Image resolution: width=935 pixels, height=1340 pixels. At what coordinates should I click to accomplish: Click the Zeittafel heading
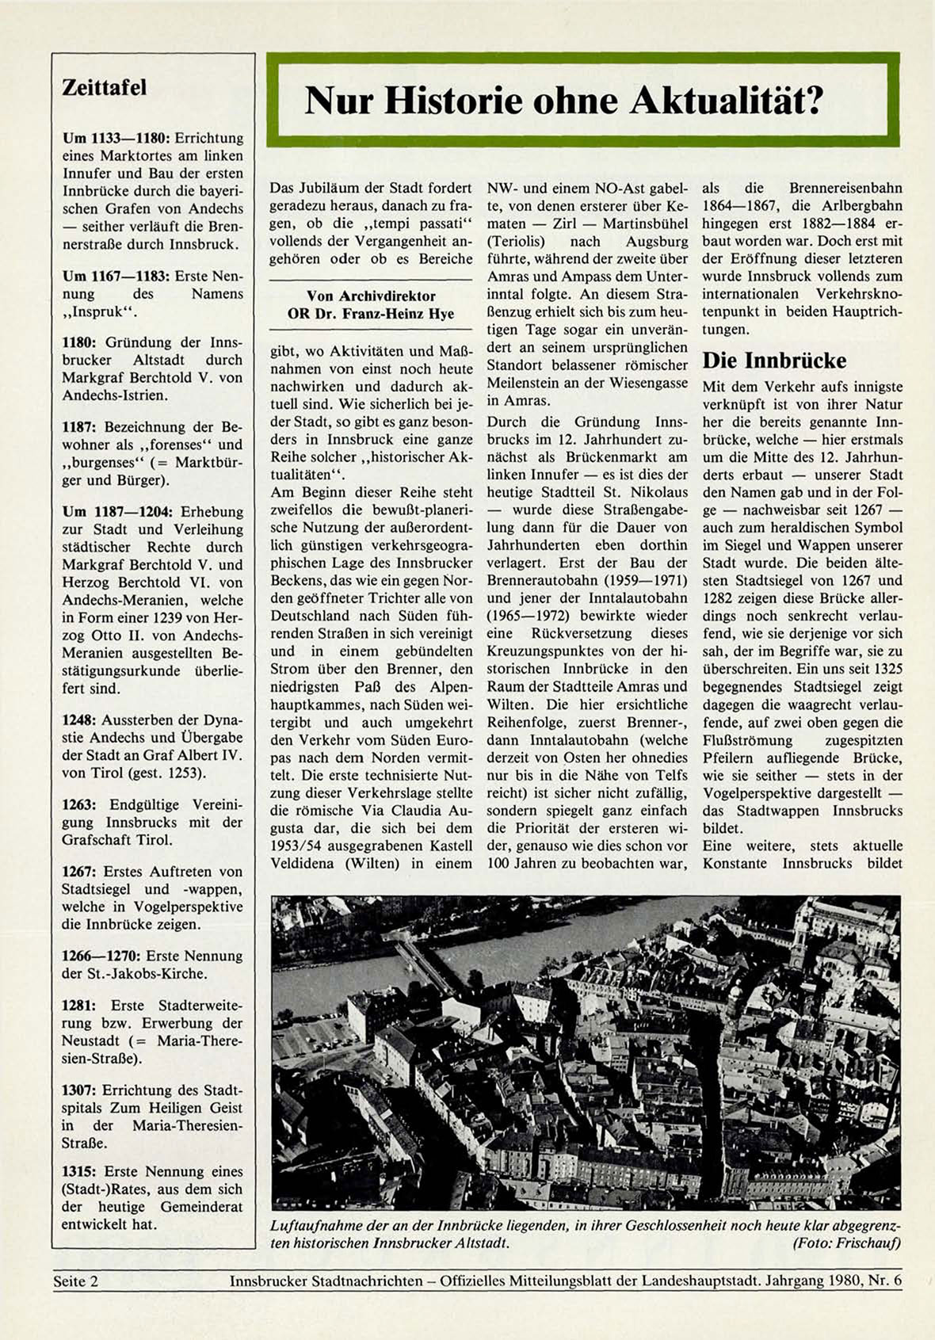pyautogui.click(x=105, y=88)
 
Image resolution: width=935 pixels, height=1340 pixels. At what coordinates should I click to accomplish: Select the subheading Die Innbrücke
pyautogui.click(x=774, y=361)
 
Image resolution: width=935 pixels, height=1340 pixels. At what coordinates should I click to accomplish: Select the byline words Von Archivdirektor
pyautogui.click(x=371, y=296)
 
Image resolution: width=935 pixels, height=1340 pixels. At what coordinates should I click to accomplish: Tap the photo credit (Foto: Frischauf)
pyautogui.click(x=846, y=1243)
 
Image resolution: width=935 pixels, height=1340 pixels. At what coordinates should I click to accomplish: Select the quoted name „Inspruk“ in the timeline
pyautogui.click(x=99, y=311)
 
